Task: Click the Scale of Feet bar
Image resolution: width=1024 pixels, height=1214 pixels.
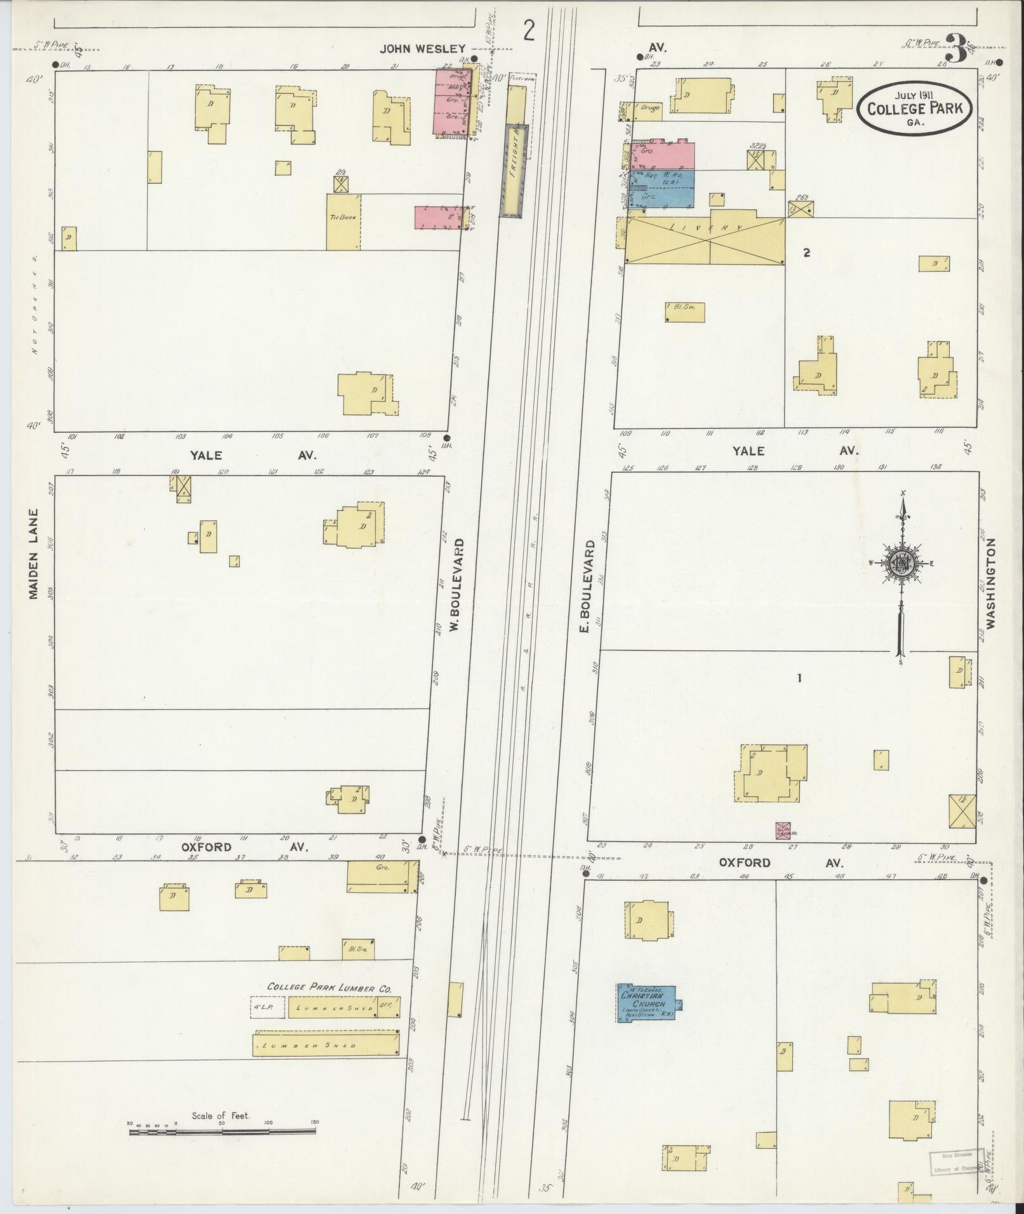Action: click(x=222, y=686)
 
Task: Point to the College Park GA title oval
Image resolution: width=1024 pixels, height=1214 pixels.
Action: click(x=914, y=107)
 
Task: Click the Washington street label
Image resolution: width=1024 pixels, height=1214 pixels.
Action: click(x=991, y=583)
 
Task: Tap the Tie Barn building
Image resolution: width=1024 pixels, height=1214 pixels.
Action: click(x=343, y=221)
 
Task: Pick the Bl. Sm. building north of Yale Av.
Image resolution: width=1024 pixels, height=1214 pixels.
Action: click(x=685, y=312)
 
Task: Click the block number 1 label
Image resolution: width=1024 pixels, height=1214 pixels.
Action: click(x=799, y=678)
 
